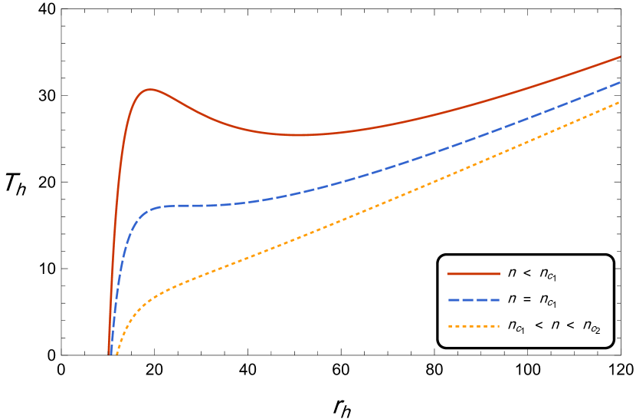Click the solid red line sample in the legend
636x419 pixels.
pos(474,274)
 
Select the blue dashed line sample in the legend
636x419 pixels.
pos(474,300)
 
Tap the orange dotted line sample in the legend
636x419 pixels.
pos(474,326)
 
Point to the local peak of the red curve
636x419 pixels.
pos(149,90)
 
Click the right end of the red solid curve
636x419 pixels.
pos(619,58)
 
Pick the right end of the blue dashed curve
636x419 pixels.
pos(619,82)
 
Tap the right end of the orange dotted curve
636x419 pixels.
pos(619,102)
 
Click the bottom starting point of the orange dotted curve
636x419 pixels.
pos(116,354)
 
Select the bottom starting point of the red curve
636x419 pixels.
pos(110,353)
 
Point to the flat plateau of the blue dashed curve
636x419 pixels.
pos(192,206)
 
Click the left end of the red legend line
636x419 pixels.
pos(448,274)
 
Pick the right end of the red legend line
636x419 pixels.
pos(499,274)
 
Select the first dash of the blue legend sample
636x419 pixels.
pos(453,300)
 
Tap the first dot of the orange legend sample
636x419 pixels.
pos(450,326)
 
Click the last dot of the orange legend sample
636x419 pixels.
pos(497,326)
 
